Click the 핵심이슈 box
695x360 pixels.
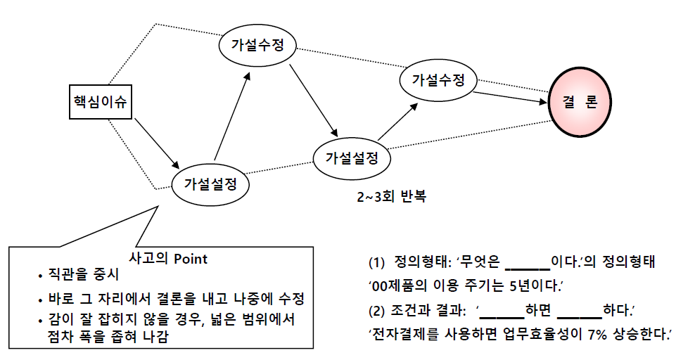pos(101,102)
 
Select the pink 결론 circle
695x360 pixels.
pos(580,101)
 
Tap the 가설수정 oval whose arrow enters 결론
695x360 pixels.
pos(438,79)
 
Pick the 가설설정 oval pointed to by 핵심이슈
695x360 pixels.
pos(210,184)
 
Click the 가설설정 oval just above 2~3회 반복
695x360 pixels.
pos(352,158)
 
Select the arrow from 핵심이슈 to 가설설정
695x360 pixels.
pos(157,143)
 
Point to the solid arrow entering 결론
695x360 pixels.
pos(510,98)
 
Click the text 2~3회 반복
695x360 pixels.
pos(391,196)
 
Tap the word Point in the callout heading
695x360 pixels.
pos(190,259)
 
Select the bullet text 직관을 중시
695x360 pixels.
pos(83,274)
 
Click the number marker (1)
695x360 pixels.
pos(377,262)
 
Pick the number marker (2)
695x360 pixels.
pos(377,311)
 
